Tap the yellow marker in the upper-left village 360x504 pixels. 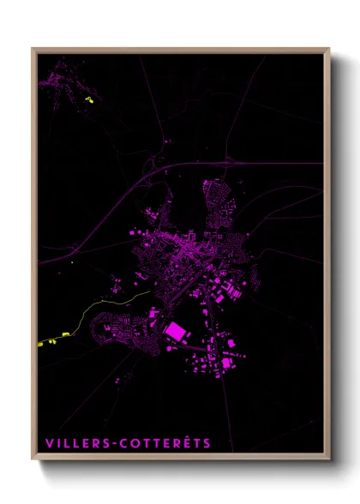tap(89, 99)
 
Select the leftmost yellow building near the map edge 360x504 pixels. tap(41, 344)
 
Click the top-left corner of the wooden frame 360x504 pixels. tap(33, 49)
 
